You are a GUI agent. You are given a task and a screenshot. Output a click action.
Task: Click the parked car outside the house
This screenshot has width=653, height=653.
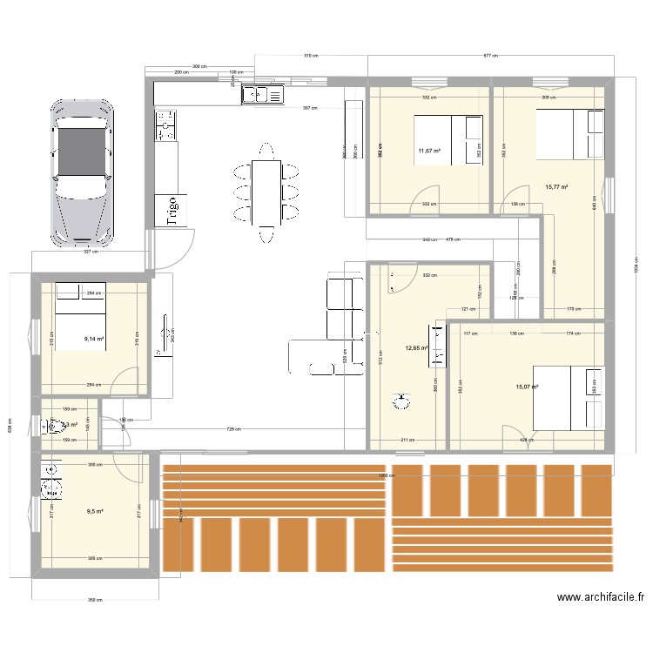pos(83,171)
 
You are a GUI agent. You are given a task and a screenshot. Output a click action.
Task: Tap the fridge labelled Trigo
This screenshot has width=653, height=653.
pos(171,211)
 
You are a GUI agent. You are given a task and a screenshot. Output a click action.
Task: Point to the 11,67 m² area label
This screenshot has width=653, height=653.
pos(429,151)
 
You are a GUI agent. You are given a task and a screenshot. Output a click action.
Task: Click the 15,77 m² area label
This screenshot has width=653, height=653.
pos(556,186)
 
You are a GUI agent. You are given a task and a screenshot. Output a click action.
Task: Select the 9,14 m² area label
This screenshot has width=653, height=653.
pos(94,339)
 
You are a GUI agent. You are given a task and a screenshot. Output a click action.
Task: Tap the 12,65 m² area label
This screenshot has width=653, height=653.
pos(417,348)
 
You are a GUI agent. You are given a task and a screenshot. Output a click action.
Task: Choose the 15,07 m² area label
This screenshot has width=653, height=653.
pos(527,387)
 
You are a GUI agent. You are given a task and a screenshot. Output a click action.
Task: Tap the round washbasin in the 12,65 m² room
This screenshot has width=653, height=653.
pos(402,401)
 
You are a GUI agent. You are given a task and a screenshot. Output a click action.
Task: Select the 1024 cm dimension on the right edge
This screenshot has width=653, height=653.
pos(636,267)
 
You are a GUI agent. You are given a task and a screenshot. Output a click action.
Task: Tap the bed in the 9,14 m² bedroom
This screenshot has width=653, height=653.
pos(80,305)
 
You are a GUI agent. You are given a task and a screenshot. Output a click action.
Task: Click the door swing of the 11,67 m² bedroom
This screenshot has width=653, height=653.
pos(423,200)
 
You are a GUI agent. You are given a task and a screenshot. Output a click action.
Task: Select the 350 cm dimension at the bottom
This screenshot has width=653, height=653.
pos(94,600)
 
